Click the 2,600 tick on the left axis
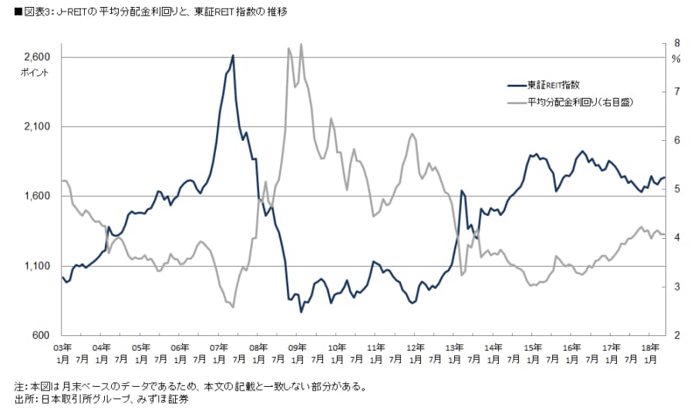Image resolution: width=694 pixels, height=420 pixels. [36, 58]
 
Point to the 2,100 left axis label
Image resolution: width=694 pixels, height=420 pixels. [36, 127]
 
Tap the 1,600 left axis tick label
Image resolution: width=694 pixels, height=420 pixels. [36, 197]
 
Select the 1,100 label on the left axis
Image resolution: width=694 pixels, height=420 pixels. [36, 267]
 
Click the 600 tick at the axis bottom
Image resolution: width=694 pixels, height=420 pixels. [42, 336]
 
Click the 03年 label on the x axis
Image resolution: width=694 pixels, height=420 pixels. [64, 348]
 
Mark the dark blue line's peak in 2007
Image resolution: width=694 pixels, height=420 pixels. [233, 55]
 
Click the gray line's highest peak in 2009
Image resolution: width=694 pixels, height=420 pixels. [301, 44]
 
